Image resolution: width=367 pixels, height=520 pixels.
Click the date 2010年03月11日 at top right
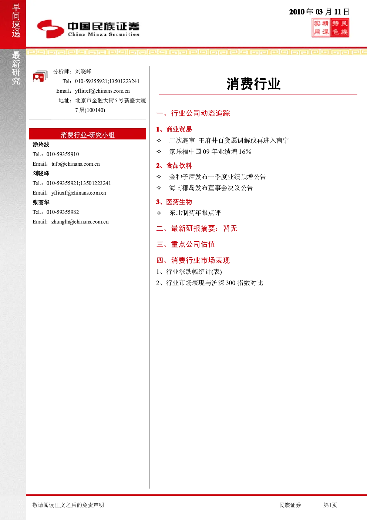(x=319, y=11)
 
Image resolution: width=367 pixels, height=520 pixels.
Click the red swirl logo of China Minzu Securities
(x=51, y=29)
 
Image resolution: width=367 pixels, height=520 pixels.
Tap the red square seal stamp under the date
(x=330, y=27)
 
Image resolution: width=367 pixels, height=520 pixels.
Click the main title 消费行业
(x=253, y=83)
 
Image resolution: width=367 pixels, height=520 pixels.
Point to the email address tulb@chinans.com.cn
(x=75, y=164)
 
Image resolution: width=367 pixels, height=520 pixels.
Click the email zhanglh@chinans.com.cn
(x=80, y=222)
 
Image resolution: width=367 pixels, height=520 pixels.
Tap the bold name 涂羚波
(x=41, y=145)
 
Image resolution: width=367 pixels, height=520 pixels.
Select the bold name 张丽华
(x=41, y=202)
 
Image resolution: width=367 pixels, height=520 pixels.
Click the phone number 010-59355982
(x=63, y=212)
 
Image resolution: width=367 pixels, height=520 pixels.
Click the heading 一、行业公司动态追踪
(x=193, y=113)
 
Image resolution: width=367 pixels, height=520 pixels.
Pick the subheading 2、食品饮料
(x=174, y=166)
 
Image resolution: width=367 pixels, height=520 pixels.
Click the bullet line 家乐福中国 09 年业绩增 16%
(x=210, y=152)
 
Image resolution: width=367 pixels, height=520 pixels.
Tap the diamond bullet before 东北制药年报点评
(x=159, y=213)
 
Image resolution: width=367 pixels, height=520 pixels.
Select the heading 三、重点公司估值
(x=186, y=244)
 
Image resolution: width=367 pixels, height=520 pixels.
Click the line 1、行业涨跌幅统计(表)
(x=189, y=272)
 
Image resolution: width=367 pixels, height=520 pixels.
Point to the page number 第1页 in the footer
(x=330, y=505)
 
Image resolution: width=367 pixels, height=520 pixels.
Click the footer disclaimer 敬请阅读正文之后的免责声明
(x=68, y=505)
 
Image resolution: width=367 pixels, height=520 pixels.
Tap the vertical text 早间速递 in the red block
(x=16, y=20)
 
